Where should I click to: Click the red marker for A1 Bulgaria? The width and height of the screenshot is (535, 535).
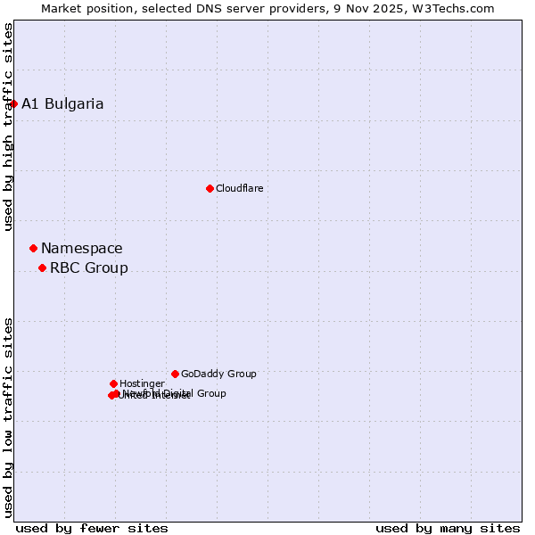pyautogui.click(x=13, y=103)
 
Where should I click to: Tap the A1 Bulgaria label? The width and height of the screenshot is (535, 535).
pyautogui.click(x=62, y=103)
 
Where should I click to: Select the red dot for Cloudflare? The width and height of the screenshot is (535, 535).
pyautogui.click(x=210, y=188)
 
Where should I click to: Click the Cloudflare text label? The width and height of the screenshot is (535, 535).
pyautogui.click(x=239, y=188)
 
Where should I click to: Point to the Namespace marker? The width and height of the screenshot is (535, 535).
pyautogui.click(x=33, y=248)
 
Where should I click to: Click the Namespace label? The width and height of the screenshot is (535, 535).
pyautogui.click(x=82, y=249)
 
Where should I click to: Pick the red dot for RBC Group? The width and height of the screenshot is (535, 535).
pyautogui.click(x=42, y=267)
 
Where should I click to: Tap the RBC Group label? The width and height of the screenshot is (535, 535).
pyautogui.click(x=88, y=268)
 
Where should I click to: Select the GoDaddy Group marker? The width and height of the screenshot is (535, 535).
pyautogui.click(x=175, y=374)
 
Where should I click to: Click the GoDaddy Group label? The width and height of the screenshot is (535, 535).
pyautogui.click(x=218, y=374)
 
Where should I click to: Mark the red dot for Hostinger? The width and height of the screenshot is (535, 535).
pyautogui.click(x=113, y=383)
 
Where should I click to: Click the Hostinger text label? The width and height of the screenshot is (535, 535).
pyautogui.click(x=142, y=384)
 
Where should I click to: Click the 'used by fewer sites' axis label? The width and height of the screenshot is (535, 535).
pyautogui.click(x=92, y=529)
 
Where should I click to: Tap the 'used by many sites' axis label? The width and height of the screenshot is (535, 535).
pyautogui.click(x=448, y=529)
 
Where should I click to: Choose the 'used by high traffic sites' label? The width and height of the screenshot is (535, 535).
pyautogui.click(x=8, y=127)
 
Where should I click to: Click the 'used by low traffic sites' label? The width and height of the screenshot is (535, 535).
pyautogui.click(x=8, y=417)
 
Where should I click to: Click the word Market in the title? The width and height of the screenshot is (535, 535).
pyautogui.click(x=61, y=8)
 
